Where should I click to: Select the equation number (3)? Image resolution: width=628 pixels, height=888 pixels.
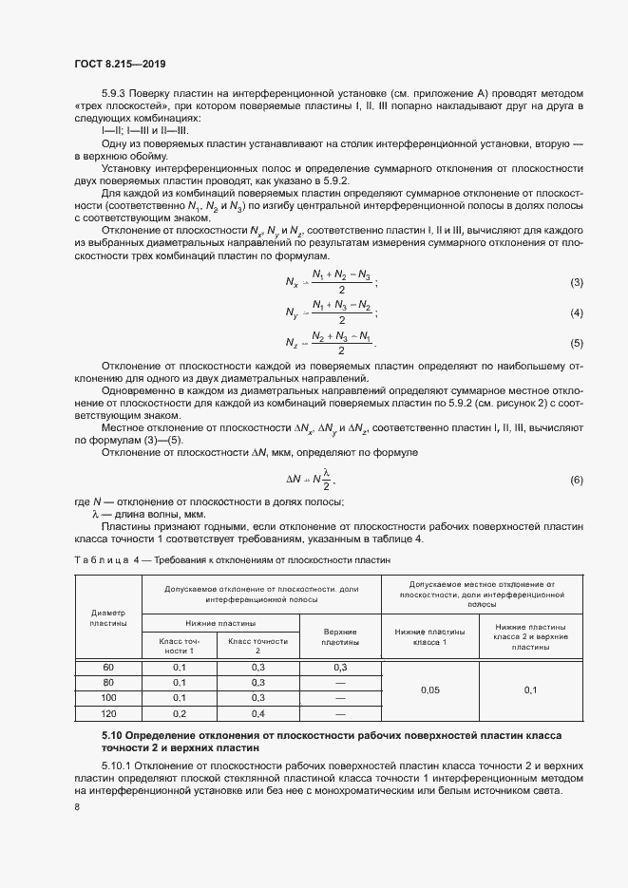click(576, 284)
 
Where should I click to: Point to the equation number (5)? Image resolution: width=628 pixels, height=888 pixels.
click(576, 343)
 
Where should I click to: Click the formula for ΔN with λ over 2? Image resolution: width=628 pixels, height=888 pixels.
click(312, 479)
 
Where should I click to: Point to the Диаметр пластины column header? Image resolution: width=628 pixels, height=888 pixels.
click(107, 616)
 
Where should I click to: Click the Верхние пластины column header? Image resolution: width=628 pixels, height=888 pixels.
click(339, 636)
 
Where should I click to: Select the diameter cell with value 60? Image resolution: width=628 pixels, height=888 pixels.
click(107, 668)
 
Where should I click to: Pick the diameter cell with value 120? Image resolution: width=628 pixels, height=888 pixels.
click(107, 712)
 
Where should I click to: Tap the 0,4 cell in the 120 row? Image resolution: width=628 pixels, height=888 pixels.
click(257, 712)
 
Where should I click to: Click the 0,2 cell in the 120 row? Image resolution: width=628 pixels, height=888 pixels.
click(179, 712)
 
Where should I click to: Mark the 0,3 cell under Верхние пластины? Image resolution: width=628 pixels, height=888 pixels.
click(339, 668)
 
